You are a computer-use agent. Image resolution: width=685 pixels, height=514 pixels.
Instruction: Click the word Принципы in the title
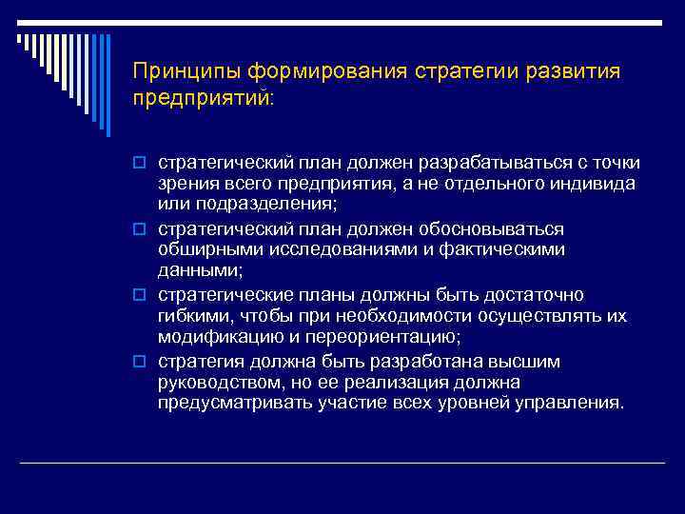pos(186,72)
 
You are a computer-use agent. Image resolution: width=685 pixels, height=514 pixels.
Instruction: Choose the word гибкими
pos(190,315)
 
